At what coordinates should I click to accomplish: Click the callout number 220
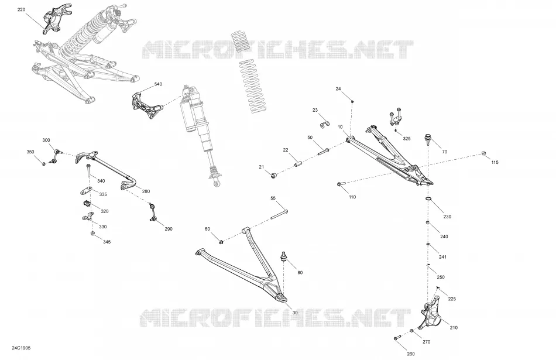click(x=21, y=9)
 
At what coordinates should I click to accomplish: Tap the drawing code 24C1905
click(x=21, y=348)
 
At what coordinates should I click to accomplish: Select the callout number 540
click(x=158, y=84)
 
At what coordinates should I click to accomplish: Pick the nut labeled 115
click(x=483, y=153)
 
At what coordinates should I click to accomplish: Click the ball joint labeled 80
click(x=284, y=257)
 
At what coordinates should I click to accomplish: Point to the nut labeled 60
click(x=221, y=242)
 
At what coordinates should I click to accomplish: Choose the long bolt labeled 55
click(x=279, y=215)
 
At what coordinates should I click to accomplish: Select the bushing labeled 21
click(x=273, y=176)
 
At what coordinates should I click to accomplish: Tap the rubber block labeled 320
click(x=87, y=204)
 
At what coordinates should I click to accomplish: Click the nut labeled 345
click(x=92, y=234)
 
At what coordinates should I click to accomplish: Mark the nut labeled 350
click(x=44, y=163)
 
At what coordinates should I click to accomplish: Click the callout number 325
click(x=407, y=139)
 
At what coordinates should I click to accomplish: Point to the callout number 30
click(x=295, y=313)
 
